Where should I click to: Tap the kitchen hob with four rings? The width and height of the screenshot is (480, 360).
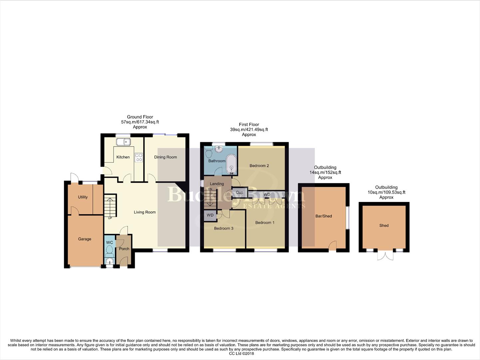coord(139,157)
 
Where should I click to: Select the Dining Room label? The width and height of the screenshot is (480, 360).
coord(166,157)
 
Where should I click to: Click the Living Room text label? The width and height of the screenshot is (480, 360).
coord(145,212)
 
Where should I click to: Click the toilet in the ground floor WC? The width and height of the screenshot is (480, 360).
coord(109,250)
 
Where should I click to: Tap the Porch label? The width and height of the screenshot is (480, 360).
coord(124,249)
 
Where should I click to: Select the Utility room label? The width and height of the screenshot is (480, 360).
coord(83,197)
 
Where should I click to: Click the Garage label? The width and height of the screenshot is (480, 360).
coord(85,239)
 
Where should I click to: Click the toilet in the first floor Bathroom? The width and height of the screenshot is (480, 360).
coord(209,154)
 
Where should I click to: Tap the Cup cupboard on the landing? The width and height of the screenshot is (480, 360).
coord(240,192)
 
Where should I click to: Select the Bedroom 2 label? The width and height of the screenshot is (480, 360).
coord(259,166)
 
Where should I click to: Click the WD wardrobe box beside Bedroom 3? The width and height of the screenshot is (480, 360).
coord(210,215)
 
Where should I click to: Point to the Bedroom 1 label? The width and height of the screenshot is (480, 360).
coord(265,222)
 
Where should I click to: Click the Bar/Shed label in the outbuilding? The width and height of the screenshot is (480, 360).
coord(323,216)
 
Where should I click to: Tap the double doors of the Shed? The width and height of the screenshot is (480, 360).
coord(384,256)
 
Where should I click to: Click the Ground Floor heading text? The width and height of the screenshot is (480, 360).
coord(140,117)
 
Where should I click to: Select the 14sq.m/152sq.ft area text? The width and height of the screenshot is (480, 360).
coord(325,172)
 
